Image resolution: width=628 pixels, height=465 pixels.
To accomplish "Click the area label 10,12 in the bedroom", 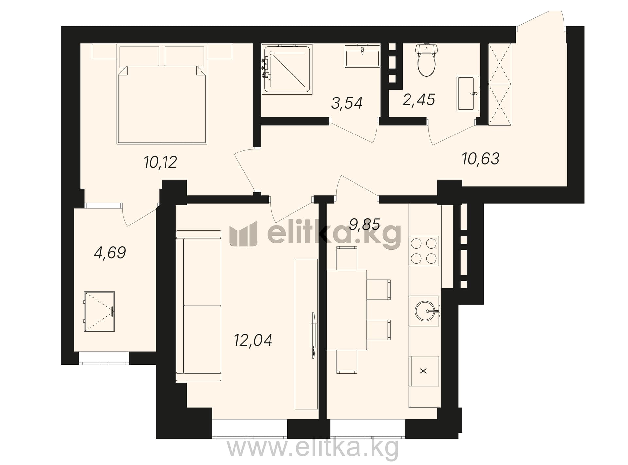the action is (160, 162).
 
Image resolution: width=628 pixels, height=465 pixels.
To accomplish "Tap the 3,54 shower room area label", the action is (347, 103).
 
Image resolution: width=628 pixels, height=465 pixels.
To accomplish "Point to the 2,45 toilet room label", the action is (419, 99).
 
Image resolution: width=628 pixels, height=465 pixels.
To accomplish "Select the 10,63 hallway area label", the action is (481, 159).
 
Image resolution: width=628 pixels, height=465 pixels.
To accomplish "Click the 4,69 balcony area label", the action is (110, 253).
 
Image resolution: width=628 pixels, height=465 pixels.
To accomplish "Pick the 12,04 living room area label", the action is (253, 340).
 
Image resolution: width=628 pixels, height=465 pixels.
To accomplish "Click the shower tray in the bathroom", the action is (287, 69).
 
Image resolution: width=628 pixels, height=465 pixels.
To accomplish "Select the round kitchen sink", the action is (425, 311).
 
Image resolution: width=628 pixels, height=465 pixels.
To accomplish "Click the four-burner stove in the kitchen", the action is (424, 251).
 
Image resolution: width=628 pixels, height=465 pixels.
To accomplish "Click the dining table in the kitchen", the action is (347, 310).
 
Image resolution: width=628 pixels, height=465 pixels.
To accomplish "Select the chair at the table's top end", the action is (347, 258).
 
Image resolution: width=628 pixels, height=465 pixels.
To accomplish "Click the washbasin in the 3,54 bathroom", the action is (362, 57).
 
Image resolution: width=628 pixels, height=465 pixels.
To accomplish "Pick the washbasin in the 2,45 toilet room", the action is (468, 94).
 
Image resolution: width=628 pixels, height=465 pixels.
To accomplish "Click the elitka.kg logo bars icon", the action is (243, 234).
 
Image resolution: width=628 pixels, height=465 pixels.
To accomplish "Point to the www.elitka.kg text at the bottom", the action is (313, 448).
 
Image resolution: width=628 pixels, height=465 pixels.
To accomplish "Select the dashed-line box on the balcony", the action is (99, 312).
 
